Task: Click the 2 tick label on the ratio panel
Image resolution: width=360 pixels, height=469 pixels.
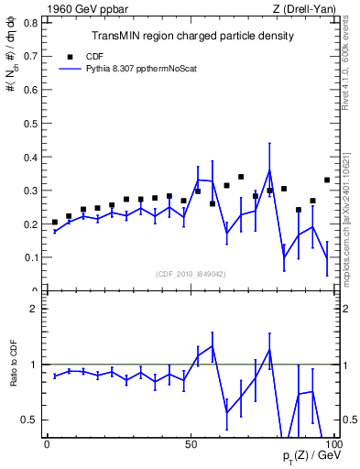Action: [35, 309]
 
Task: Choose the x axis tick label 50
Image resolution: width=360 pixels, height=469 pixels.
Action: [191, 444]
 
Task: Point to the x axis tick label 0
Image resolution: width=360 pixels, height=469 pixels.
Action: [47, 444]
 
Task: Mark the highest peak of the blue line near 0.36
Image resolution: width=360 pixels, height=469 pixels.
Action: [269, 170]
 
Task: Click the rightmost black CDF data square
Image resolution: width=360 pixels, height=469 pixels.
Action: [327, 180]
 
